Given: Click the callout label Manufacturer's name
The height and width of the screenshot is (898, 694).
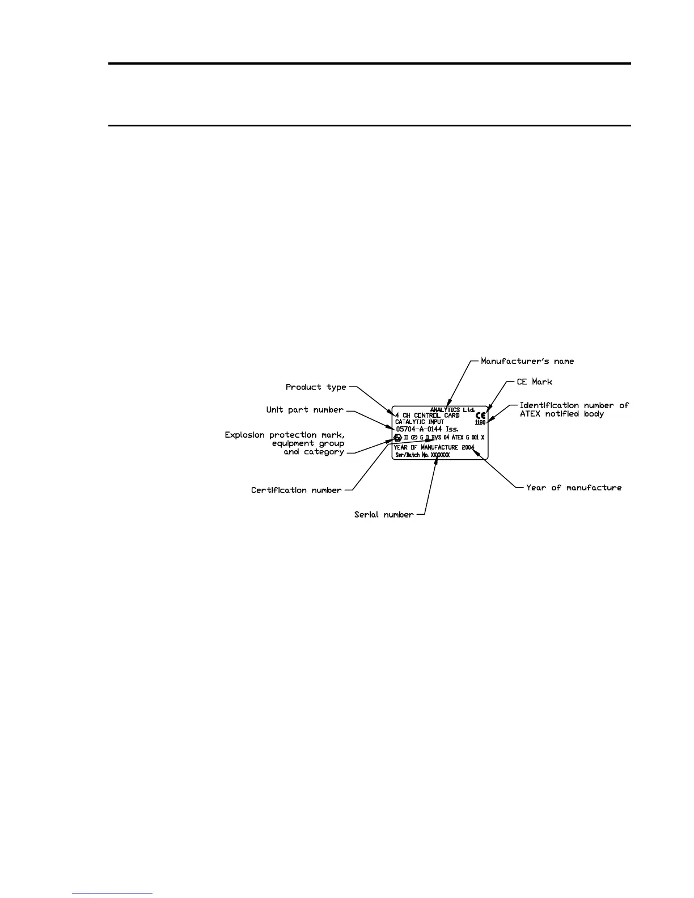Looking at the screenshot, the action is [527, 361].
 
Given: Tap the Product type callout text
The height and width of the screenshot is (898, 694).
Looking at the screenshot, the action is [316, 387].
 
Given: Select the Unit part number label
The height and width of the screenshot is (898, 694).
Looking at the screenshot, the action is [304, 410].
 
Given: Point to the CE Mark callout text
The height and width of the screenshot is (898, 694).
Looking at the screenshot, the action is [534, 382].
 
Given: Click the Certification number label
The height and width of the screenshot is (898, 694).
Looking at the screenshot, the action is [296, 490].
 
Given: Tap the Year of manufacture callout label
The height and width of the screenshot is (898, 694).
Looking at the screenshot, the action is [574, 488].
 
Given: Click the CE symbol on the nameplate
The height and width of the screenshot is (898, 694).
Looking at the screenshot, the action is [480, 415].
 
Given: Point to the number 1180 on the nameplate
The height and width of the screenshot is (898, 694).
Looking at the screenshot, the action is [480, 422].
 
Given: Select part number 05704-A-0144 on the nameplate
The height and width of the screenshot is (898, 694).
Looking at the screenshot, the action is [418, 429].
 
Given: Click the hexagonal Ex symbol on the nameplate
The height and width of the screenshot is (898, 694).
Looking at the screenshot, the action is [397, 438].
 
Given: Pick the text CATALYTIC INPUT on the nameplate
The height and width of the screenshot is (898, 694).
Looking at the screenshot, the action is [420, 422].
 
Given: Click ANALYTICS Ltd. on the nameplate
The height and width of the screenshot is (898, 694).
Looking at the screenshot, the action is [452, 410].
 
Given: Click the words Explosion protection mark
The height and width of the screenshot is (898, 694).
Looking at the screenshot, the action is [284, 435].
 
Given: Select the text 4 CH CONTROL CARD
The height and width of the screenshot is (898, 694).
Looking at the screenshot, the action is [428, 416].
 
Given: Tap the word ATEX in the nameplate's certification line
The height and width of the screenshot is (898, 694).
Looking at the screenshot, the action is [458, 438].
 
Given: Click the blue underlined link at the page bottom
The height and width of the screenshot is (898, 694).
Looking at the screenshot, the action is [112, 893].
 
